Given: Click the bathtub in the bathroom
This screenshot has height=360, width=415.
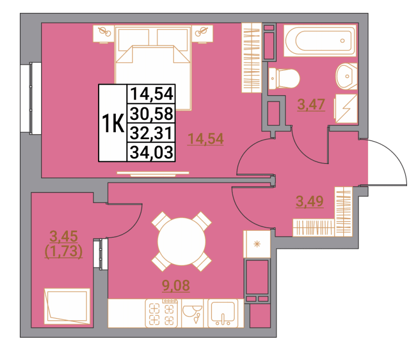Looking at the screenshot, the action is click(320, 41).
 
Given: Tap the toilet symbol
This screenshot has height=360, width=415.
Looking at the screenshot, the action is click(284, 79).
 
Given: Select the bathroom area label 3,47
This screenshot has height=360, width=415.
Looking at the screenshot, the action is click(311, 104).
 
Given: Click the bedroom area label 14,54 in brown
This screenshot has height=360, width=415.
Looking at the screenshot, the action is click(206, 139).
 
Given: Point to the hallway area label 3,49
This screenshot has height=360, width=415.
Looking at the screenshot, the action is click(310, 201).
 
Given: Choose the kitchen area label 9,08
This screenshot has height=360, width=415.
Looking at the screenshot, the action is click(176, 285).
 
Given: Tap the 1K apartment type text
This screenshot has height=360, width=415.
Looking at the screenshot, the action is click(113, 123).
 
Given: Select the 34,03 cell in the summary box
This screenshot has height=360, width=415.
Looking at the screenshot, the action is click(152, 152).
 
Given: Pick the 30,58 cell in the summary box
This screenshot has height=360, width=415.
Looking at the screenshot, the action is click(152, 113).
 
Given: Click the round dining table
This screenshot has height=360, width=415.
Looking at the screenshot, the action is click(182, 242).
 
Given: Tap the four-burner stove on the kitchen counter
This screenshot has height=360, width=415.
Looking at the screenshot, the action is click(161, 313).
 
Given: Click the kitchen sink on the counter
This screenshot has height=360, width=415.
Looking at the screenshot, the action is click(223, 313).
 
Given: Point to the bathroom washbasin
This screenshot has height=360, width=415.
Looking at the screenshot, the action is click(347, 76).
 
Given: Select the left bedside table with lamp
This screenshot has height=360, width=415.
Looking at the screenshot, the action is click(104, 34).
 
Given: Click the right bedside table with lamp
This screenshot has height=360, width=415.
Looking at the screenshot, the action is click(202, 34).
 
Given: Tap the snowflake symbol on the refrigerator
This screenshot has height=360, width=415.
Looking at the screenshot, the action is click(257, 244).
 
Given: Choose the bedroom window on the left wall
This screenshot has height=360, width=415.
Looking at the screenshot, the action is click(31, 98).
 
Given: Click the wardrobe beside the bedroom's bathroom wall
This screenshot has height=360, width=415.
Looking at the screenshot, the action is click(252, 58).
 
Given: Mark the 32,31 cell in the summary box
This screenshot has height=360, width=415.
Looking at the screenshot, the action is click(152, 133).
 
